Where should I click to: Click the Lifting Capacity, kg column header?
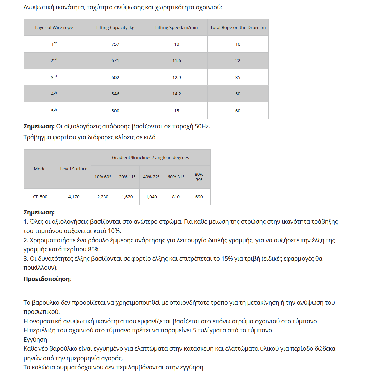tap(115, 28)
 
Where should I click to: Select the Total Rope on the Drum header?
tap(238, 28)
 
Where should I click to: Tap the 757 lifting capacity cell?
tap(115, 44)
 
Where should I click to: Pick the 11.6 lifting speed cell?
tap(177, 61)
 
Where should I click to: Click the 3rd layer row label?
tap(54, 77)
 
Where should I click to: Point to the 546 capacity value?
tap(115, 94)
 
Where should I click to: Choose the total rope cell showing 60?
tap(238, 111)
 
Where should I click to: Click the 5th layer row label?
tap(54, 111)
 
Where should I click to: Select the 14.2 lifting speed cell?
tap(177, 94)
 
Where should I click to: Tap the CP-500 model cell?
tap(40, 197)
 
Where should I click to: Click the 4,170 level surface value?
tap(74, 197)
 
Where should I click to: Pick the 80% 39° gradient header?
tap(199, 177)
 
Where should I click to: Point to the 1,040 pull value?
tap(151, 197)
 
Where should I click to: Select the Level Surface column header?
tap(74, 169)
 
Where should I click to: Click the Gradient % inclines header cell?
tap(150, 158)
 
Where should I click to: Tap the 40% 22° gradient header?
tap(151, 177)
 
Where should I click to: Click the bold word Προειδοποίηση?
tap(47, 279)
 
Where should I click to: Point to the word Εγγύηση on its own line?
tap(35, 340)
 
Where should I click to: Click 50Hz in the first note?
tap(202, 127)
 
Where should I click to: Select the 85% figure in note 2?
tap(94, 249)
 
